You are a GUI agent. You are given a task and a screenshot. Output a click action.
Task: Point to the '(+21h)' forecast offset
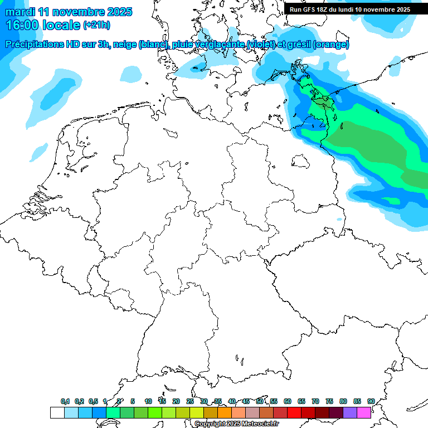96,25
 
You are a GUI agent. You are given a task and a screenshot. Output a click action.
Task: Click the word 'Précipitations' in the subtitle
34,45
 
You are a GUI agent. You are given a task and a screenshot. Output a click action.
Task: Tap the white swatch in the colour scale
57,413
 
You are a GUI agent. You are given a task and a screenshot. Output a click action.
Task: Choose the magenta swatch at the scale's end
364,413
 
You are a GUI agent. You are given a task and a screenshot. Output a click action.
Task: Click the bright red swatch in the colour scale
294,413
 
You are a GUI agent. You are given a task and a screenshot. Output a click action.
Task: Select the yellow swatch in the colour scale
196,413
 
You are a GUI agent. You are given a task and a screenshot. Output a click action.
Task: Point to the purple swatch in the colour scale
349,413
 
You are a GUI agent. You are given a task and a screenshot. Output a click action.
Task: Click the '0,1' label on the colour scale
65,401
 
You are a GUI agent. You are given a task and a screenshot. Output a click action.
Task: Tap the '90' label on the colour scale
371,401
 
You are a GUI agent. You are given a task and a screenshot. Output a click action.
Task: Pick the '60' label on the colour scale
288,401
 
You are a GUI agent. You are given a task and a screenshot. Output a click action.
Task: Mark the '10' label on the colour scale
148,401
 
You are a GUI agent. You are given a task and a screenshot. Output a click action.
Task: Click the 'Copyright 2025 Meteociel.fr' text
237,424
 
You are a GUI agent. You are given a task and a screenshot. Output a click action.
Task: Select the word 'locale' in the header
61,25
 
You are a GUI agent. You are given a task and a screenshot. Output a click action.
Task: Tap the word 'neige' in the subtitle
124,45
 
